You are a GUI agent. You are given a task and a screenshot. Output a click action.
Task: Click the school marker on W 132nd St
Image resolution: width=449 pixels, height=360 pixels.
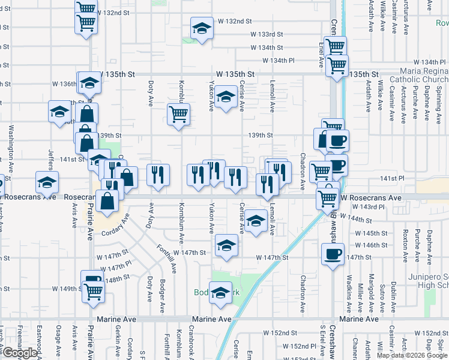point(202,28)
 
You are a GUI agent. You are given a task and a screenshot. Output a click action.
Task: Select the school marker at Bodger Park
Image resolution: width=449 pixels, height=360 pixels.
point(220,292)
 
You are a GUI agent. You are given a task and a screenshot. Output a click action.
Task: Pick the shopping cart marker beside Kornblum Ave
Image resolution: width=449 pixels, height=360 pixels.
point(178,113)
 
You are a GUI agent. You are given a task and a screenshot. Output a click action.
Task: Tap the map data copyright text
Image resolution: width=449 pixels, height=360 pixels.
point(411,355)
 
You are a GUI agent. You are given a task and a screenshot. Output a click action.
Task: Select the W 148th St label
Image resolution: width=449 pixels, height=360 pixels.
point(117,278)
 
